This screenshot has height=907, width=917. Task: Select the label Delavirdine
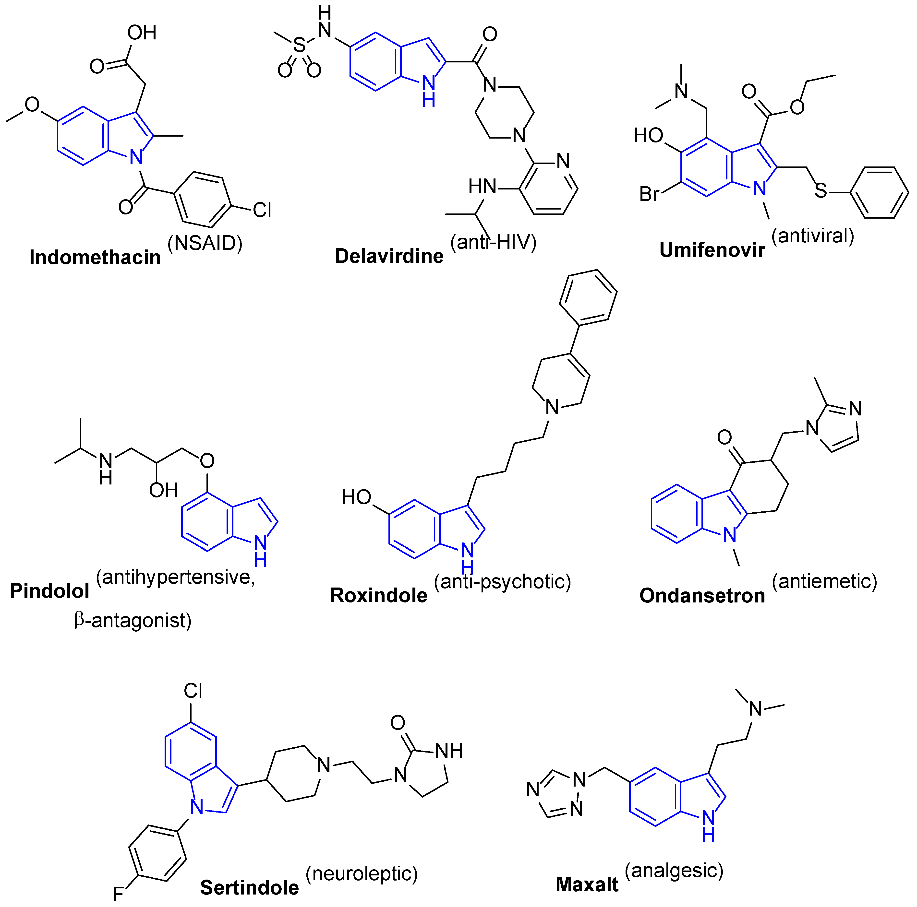click(389, 256)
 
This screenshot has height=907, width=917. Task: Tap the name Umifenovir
click(712, 250)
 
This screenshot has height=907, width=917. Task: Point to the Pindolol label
click(50, 591)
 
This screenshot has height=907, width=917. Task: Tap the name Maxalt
click(587, 884)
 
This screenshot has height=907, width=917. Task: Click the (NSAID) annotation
click(205, 243)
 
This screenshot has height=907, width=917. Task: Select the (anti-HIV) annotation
click(494, 242)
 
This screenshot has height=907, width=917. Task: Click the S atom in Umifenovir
click(821, 191)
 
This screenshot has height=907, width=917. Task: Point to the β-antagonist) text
click(133, 620)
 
